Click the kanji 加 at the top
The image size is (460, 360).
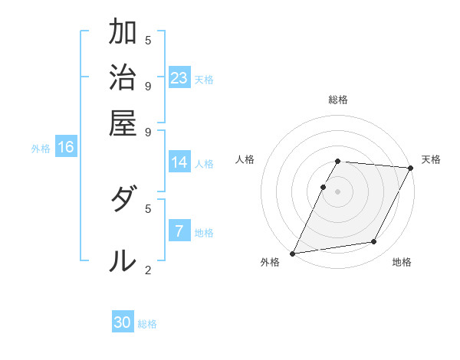tap(123, 34)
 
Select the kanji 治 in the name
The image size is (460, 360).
tap(123, 78)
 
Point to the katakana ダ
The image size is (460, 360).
tap(123, 202)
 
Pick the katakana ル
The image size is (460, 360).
tap(123, 261)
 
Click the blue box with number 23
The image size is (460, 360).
tap(179, 78)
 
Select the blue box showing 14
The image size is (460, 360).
tap(179, 162)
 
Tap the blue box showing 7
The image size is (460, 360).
tap(179, 231)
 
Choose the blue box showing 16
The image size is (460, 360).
tap(66, 148)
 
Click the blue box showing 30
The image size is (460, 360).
tap(123, 322)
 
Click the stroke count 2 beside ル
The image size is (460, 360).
tap(147, 270)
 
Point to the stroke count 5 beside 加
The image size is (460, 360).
tap(147, 40)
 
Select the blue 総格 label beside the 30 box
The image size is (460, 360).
tap(148, 324)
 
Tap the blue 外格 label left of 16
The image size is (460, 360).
tap(41, 149)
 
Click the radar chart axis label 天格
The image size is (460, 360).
tap(431, 159)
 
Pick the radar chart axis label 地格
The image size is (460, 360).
tap(402, 262)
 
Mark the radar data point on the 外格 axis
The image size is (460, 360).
tap(292, 254)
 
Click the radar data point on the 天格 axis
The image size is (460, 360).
tap(410, 169)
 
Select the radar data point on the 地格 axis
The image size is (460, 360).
tap(374, 242)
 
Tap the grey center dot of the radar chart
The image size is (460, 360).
tap(338, 191)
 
